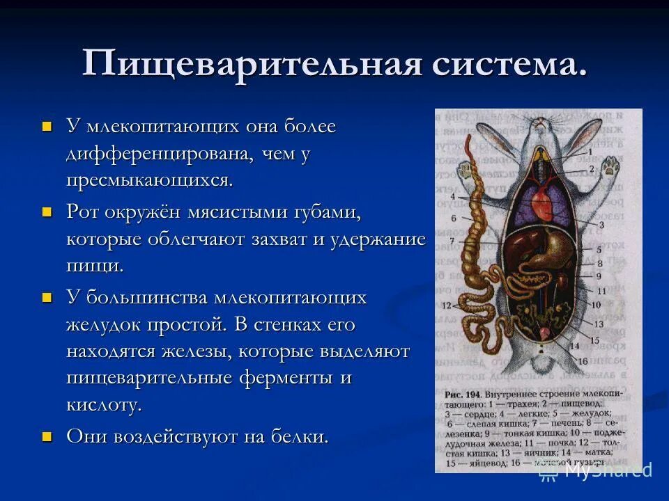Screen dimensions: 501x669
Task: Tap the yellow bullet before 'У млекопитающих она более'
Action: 47,127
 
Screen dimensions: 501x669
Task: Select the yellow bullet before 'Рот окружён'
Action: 47,212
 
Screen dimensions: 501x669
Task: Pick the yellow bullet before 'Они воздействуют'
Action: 47,436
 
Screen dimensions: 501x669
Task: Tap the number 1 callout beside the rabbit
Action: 589,152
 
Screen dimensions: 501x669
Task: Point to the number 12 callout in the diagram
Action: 445,305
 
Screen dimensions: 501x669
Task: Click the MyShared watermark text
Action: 606,470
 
